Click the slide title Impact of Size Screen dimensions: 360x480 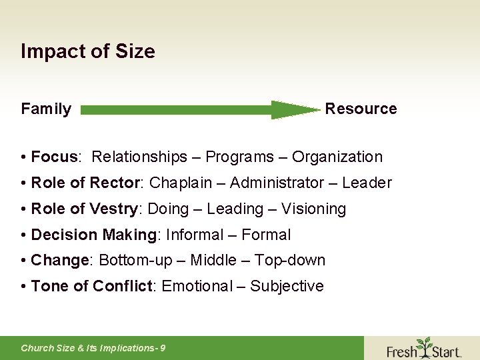pos(88,51)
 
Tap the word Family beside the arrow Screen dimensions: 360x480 pos(46,109)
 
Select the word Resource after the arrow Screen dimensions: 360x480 pos(361,109)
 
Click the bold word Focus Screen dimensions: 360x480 pos(55,157)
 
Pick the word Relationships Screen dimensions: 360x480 pos(139,157)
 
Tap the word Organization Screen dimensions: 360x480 pos(337,157)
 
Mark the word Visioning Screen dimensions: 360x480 pos(313,209)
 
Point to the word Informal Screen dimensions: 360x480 pos(194,235)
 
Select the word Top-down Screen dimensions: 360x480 pos(289,261)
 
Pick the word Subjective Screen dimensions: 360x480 pos(287,287)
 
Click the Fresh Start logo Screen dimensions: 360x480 pos(423,348)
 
